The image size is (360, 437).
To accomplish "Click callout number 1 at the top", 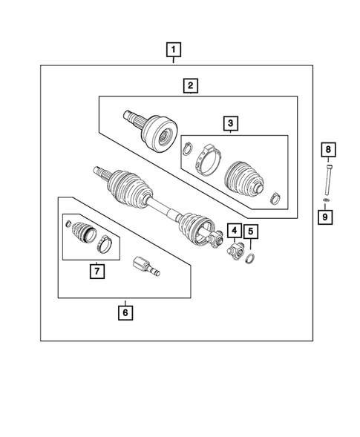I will pyautogui.click(x=173, y=50).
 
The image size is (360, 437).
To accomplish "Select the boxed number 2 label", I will pyautogui.click(x=191, y=87).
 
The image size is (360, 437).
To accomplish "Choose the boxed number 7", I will pyautogui.click(x=96, y=271).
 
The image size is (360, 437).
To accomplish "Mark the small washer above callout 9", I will pyautogui.click(x=327, y=200).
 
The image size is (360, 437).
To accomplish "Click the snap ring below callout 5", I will pyautogui.click(x=251, y=257).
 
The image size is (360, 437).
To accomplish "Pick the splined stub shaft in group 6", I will pyautogui.click(x=144, y=267).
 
